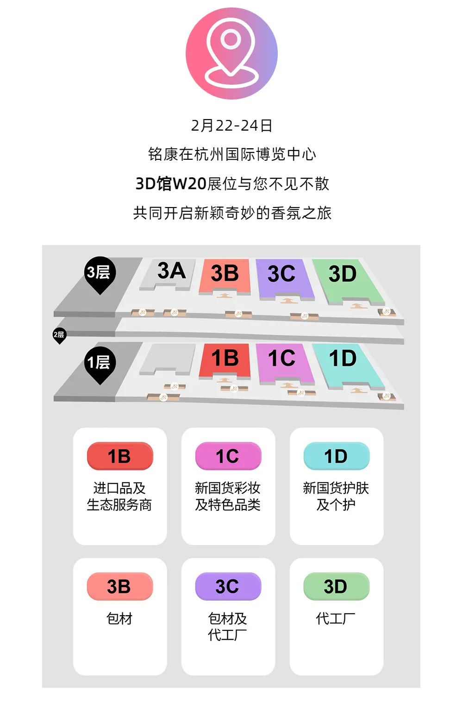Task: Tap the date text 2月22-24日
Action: pyautogui.click(x=231, y=126)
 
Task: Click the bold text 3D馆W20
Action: pyautogui.click(x=170, y=184)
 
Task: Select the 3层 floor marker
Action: pyautogui.click(x=99, y=273)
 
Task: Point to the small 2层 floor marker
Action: pyautogui.click(x=59, y=335)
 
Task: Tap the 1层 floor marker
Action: pyautogui.click(x=100, y=363)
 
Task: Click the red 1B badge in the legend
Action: pyautogui.click(x=119, y=457)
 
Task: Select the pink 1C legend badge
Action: pyautogui.click(x=228, y=457)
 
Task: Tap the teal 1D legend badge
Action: pyautogui.click(x=336, y=457)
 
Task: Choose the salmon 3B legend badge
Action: pyautogui.click(x=119, y=587)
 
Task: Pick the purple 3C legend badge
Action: pyautogui.click(x=228, y=587)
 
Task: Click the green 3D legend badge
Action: pyautogui.click(x=336, y=587)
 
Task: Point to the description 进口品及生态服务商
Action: pyautogui.click(x=119, y=497)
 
